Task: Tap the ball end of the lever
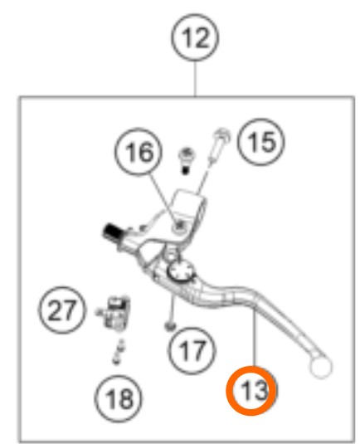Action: point(321,368)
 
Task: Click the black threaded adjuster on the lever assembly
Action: point(112,232)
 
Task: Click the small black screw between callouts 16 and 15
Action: point(187,160)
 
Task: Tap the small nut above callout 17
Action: point(170,326)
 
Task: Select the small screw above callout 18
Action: point(119,353)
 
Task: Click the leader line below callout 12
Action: point(195,80)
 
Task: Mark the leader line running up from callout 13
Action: point(255,337)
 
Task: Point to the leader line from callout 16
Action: point(164,200)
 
